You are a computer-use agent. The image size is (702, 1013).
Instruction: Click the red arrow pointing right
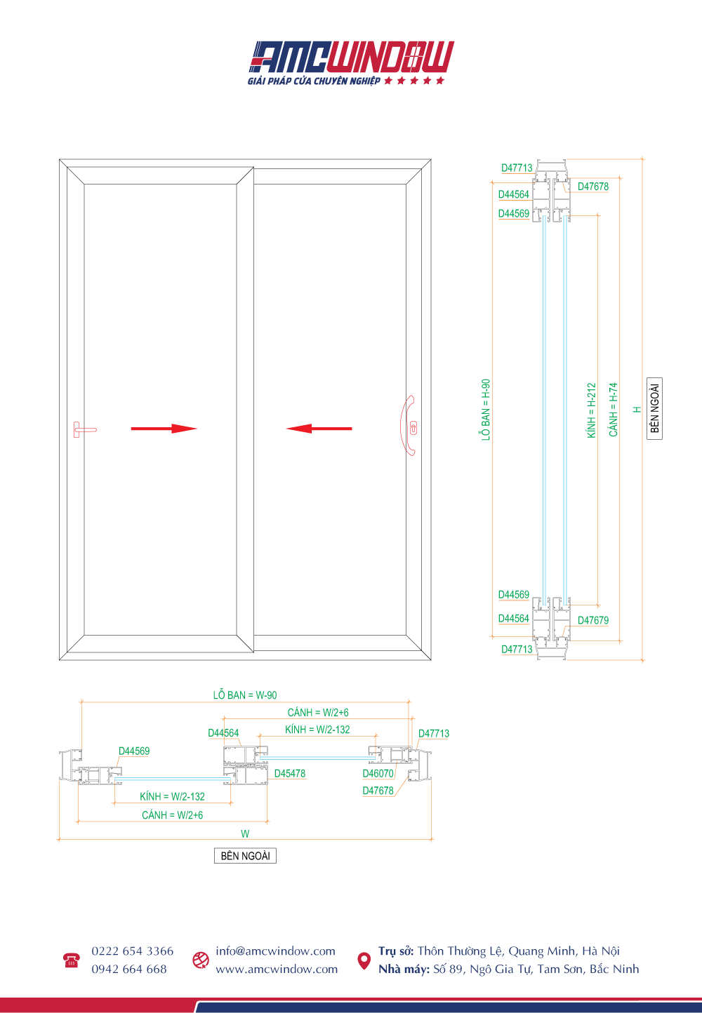[x=164, y=429]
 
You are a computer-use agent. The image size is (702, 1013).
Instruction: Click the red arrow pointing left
[x=319, y=429]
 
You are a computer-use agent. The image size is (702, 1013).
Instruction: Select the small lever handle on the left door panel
[x=83, y=429]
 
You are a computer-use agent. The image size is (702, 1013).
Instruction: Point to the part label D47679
[x=593, y=620]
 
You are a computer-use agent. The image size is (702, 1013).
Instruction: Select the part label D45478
[x=290, y=774]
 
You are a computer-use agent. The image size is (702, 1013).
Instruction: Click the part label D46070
[x=378, y=774]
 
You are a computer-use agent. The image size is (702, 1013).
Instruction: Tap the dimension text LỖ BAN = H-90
[x=486, y=410]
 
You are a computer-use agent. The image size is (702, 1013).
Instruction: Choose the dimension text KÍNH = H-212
[x=591, y=410]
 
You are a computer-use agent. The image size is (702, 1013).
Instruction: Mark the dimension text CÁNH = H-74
[x=614, y=410]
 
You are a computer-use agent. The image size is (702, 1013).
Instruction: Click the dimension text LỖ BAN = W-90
[x=245, y=695]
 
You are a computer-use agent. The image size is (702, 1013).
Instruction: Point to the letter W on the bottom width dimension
[x=245, y=834]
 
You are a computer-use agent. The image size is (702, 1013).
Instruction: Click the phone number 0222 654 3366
[x=132, y=951]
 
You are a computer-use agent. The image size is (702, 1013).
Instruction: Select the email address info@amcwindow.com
[x=275, y=951]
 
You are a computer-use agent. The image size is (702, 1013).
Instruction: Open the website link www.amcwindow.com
[x=277, y=969]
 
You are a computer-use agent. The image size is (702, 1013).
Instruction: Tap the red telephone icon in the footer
[x=71, y=960]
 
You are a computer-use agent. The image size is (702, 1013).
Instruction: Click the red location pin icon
[x=364, y=960]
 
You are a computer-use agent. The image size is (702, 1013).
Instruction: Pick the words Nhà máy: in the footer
[x=404, y=969]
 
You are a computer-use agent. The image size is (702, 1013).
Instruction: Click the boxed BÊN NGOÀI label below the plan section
[x=245, y=856]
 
